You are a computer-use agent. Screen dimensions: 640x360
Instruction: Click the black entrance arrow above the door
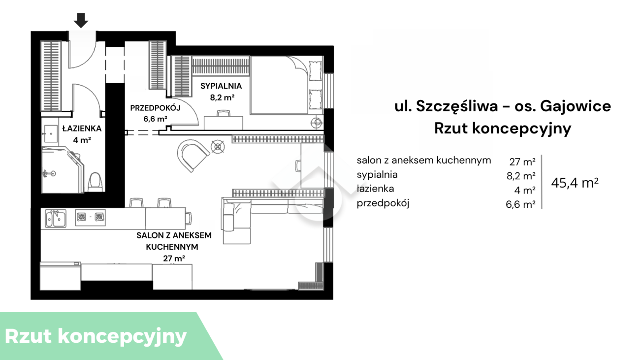coord(81,21)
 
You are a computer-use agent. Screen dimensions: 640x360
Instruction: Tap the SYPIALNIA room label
coord(221,86)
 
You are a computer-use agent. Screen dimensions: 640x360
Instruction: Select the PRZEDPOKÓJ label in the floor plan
coord(155,108)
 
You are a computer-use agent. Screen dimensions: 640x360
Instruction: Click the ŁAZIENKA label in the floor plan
coord(82,129)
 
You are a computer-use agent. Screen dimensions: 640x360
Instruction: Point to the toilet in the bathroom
coord(95,182)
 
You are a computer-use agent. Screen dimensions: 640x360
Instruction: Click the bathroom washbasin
coord(50,133)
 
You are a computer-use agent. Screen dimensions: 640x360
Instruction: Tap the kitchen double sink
coord(56,219)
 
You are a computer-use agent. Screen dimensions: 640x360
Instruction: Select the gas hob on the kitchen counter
coord(90,217)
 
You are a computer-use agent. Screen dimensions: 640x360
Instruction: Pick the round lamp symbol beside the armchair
coord(218,147)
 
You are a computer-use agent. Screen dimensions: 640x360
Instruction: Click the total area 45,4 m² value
coord(575,183)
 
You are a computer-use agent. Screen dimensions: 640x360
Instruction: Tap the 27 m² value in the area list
coord(522,162)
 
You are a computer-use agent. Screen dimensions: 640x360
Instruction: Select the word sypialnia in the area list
coord(377,175)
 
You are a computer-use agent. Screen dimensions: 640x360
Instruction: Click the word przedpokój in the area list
coord(383,203)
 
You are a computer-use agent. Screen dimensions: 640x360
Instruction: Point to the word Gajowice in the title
coord(576,106)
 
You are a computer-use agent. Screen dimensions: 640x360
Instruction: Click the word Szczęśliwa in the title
coord(456,107)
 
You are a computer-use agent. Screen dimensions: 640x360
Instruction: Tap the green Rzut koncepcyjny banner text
coord(96,337)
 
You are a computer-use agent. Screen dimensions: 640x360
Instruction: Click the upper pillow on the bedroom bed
coord(315,71)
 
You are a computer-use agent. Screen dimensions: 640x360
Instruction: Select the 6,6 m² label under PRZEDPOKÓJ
coord(155,119)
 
